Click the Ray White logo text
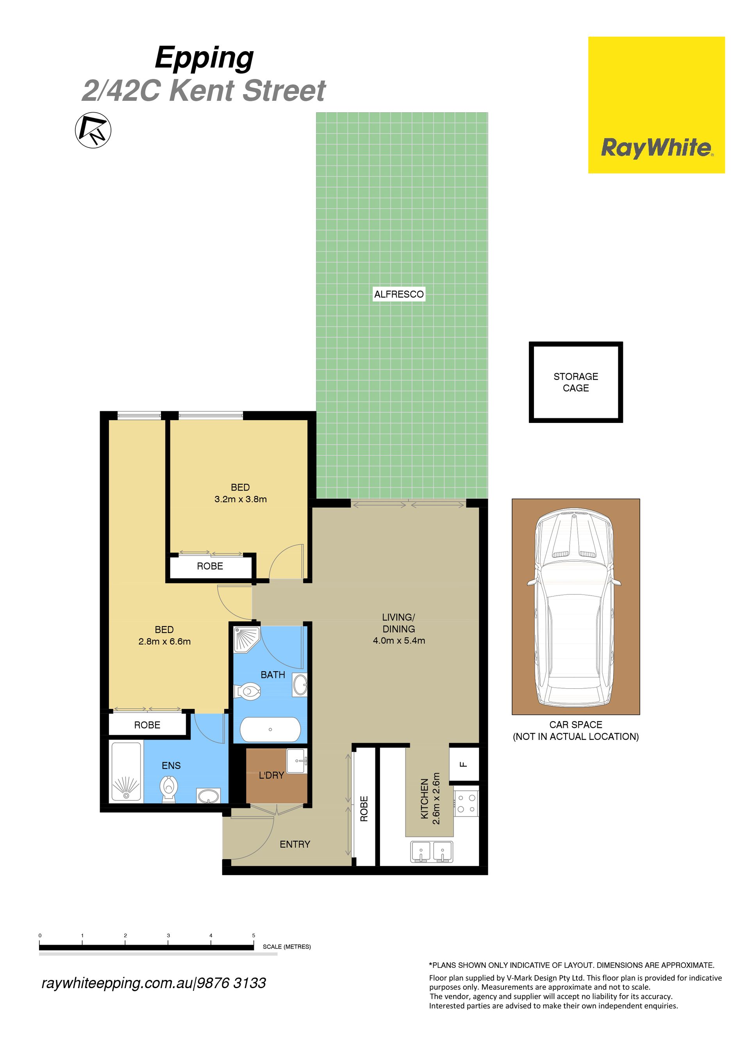point(657,148)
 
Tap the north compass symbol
point(93,130)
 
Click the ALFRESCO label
point(398,294)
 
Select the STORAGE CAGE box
point(576,382)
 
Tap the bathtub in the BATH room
point(270,729)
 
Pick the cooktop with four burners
point(466,804)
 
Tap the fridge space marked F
point(464,764)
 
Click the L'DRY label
point(271,775)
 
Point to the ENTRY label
point(295,844)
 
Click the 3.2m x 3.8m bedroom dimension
point(241,499)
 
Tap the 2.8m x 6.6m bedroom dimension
point(164,641)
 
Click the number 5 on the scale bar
point(254,935)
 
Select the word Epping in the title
point(204,58)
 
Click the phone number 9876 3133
point(231,983)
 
